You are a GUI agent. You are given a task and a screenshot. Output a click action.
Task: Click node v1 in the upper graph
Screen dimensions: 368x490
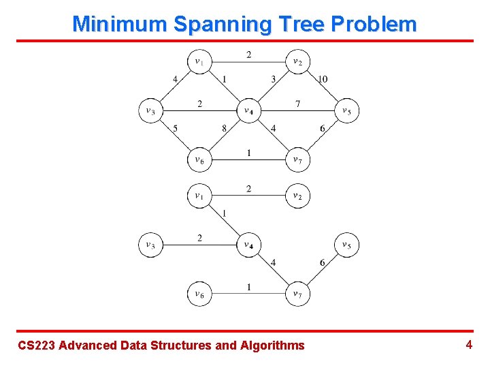pyautogui.click(x=199, y=62)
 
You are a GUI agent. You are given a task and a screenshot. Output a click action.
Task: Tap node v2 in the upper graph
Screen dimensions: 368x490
pyautogui.click(x=297, y=62)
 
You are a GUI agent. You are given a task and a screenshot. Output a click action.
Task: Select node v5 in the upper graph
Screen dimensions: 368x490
pyautogui.click(x=346, y=110)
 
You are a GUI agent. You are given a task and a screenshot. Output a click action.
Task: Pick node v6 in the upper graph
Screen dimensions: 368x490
pyautogui.click(x=199, y=159)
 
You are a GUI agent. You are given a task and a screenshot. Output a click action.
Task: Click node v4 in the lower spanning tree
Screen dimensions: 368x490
pyautogui.click(x=248, y=245)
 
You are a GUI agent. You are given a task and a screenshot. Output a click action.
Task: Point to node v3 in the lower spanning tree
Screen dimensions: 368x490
pyautogui.click(x=150, y=245)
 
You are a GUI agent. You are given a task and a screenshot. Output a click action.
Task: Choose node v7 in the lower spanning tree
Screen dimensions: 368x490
pyautogui.click(x=297, y=294)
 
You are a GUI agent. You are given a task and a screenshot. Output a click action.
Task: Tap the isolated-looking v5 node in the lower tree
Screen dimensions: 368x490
pyautogui.click(x=346, y=245)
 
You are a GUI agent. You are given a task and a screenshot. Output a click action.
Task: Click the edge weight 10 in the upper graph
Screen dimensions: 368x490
pyautogui.click(x=323, y=79)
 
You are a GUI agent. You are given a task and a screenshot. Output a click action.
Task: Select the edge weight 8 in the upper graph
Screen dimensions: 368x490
pyautogui.click(x=224, y=128)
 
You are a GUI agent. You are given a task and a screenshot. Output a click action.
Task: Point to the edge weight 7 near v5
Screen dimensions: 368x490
pyautogui.click(x=297, y=104)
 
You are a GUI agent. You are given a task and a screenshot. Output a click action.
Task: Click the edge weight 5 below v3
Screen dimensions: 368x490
pyautogui.click(x=175, y=128)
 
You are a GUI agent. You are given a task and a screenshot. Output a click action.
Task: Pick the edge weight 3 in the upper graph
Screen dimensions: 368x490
pyautogui.click(x=274, y=79)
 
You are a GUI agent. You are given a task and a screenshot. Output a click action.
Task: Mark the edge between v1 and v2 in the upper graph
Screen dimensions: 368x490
pyautogui.click(x=248, y=62)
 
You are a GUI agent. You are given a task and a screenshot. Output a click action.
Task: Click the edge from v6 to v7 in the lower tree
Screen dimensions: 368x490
pyautogui.click(x=248, y=294)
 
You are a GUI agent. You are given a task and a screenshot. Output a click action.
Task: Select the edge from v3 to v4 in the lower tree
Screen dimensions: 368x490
pyautogui.click(x=199, y=245)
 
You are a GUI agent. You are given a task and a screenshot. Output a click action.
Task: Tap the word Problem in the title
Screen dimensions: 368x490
pyautogui.click(x=374, y=25)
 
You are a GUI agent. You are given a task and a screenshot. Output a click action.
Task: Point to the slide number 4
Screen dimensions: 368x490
pyautogui.click(x=469, y=345)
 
